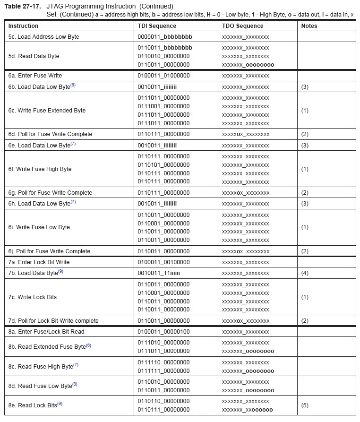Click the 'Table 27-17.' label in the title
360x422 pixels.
click(x=23, y=6)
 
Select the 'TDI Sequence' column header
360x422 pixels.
click(x=157, y=26)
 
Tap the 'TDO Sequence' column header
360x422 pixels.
click(x=242, y=26)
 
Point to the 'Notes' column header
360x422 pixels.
click(x=309, y=26)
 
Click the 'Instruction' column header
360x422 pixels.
click(x=23, y=26)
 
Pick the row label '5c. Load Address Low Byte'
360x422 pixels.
click(x=43, y=37)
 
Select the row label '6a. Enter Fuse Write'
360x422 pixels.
click(x=35, y=76)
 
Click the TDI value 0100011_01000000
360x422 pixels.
click(x=163, y=76)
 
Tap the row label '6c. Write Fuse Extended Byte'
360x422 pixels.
click(x=47, y=111)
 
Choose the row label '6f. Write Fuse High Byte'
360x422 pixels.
click(x=40, y=169)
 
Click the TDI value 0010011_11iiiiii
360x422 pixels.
click(x=159, y=274)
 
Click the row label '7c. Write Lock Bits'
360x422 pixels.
click(x=32, y=297)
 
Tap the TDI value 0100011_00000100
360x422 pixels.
click(x=163, y=332)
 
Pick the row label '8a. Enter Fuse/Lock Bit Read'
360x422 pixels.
click(x=46, y=332)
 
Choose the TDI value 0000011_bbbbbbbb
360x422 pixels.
click(x=165, y=37)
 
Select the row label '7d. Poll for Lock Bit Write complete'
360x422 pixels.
click(x=53, y=321)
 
